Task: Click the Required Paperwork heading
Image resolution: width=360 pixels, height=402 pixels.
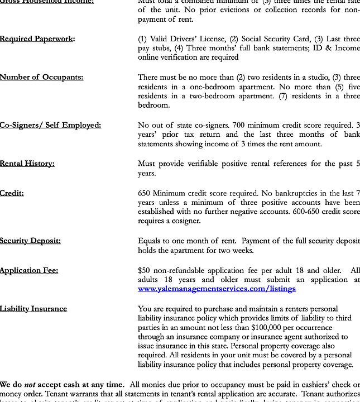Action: [37, 39]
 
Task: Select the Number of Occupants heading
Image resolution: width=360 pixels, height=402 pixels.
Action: [42, 77]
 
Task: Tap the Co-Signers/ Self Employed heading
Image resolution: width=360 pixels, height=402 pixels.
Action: [51, 125]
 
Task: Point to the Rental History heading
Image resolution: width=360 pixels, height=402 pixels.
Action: [27, 164]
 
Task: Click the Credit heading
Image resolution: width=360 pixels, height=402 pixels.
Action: [12, 193]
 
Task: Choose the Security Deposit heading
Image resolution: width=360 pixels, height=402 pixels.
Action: [31, 241]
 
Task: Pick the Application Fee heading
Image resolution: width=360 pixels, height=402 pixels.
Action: [29, 270]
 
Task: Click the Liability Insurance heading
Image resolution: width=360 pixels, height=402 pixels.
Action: [33, 309]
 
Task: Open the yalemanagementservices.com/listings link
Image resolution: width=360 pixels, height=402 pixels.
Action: [217, 289]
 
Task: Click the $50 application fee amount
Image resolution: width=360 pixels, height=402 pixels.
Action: [144, 270]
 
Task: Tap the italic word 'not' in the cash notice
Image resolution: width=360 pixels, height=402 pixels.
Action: [30, 385]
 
